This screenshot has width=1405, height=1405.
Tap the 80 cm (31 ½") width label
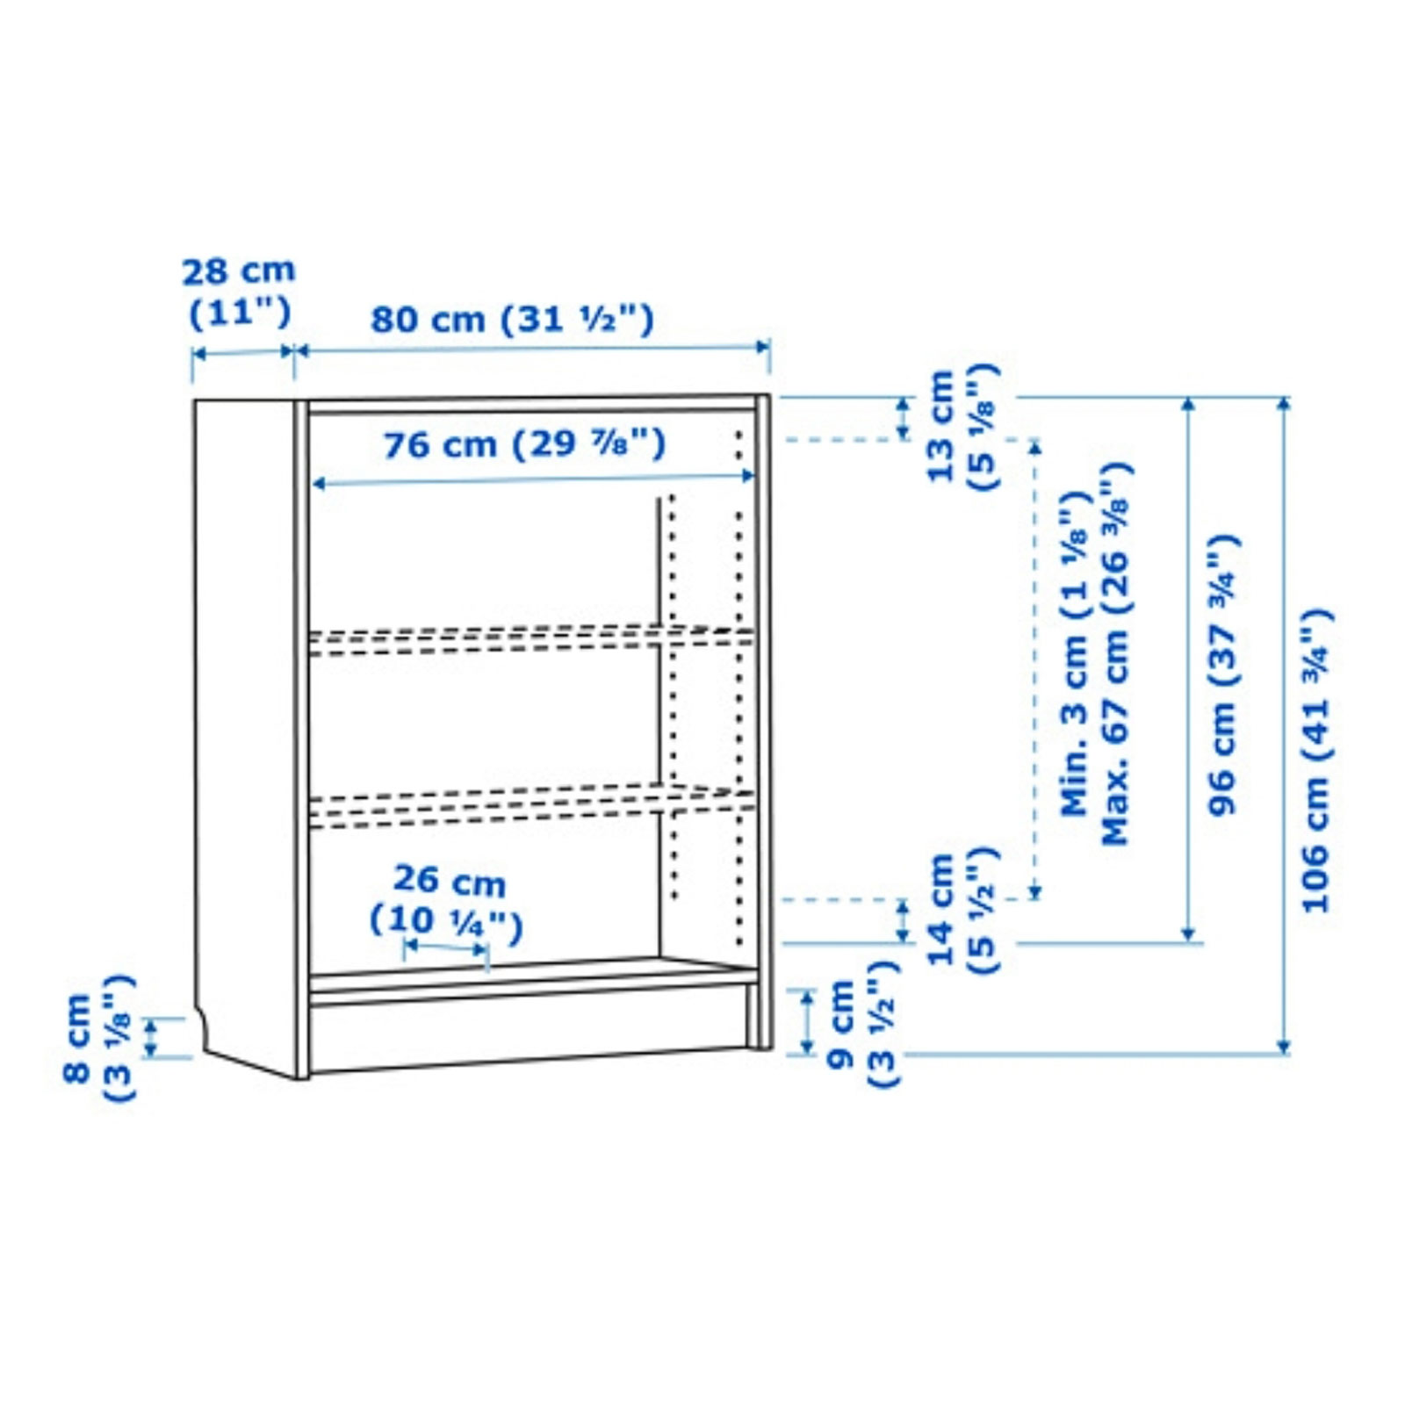click(512, 319)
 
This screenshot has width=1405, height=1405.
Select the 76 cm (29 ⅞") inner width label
click(524, 444)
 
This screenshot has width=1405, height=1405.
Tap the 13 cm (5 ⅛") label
click(963, 426)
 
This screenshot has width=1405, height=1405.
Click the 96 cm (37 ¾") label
click(1222, 674)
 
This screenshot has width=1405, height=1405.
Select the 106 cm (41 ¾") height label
click(1316, 760)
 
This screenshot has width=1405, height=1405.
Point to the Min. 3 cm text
click(1075, 654)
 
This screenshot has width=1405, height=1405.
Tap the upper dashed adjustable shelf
click(531, 640)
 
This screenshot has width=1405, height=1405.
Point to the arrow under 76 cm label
click(533, 479)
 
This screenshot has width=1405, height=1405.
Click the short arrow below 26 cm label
click(445, 949)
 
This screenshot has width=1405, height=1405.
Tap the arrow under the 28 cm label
click(243, 352)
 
